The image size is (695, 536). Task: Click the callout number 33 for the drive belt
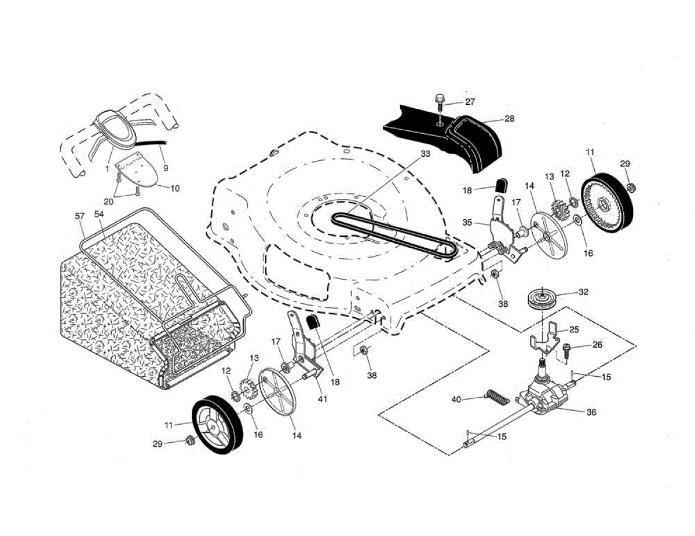[425, 154]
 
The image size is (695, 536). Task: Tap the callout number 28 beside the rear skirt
[509, 119]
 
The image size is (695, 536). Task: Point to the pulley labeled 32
[543, 299]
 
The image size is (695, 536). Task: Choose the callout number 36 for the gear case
[591, 413]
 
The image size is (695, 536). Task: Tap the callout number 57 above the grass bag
[80, 216]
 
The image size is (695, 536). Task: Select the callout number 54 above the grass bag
[99, 214]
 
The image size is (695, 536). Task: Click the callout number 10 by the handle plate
[174, 188]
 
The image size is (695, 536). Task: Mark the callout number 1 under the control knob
[107, 168]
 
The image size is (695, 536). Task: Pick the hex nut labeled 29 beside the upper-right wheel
[632, 186]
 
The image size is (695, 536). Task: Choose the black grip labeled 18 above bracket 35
[502, 185]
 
